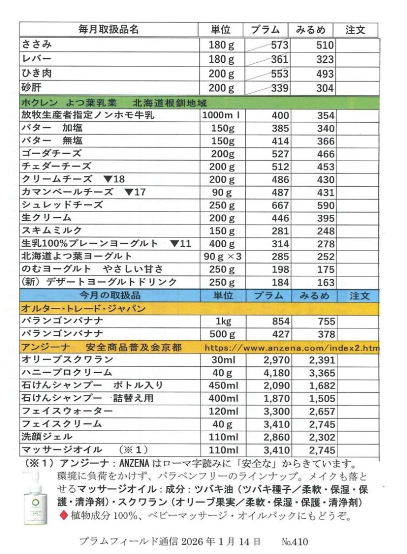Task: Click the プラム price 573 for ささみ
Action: [280, 46]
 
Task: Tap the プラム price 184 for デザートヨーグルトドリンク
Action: [280, 282]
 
